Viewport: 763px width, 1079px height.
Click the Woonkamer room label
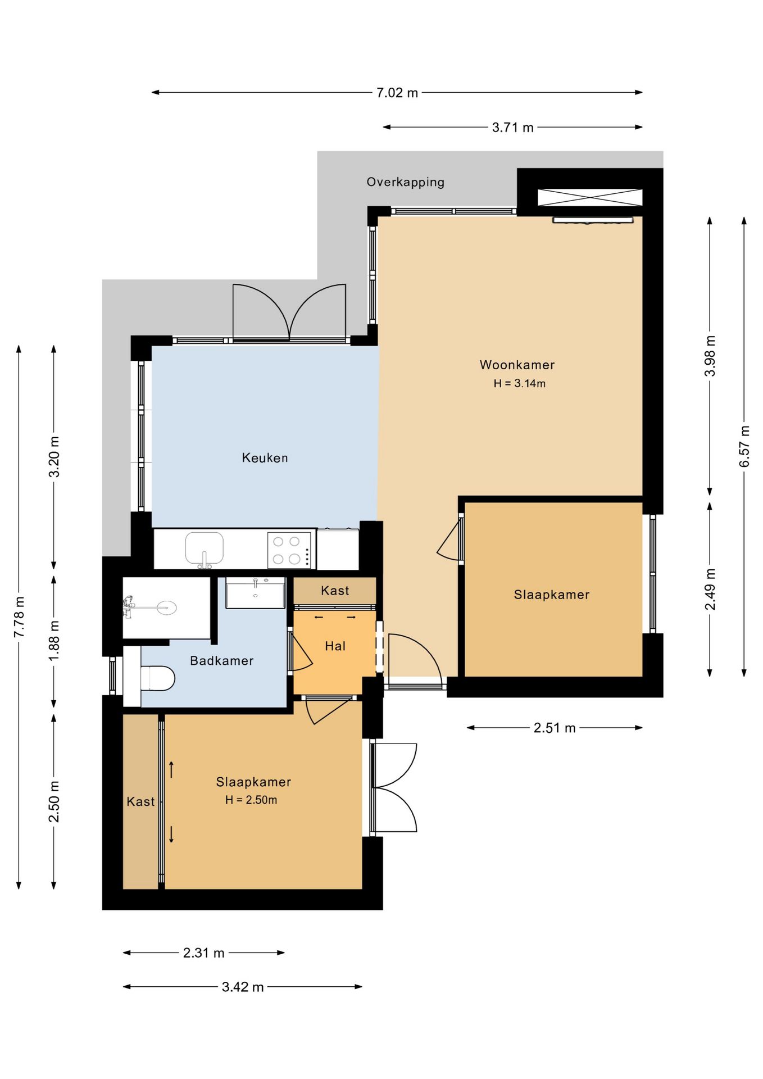click(x=517, y=365)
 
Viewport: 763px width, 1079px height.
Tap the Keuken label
click(x=265, y=458)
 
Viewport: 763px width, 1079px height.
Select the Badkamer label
click(x=221, y=661)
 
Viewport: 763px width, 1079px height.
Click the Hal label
click(x=335, y=646)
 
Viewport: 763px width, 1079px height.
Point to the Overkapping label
click(x=405, y=182)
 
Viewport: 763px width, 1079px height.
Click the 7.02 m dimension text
click(x=397, y=93)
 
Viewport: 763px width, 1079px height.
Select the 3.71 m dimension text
click(x=512, y=128)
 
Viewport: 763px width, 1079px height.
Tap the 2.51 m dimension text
click(x=555, y=728)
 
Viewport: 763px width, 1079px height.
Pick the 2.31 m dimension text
click(x=203, y=953)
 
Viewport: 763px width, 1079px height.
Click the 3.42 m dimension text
click(x=243, y=987)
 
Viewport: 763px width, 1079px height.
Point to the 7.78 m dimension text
click(x=19, y=617)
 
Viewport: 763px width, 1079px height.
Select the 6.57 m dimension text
click(x=744, y=446)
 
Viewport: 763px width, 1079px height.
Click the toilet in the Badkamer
click(x=157, y=678)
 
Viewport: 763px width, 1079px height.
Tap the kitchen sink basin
click(x=204, y=548)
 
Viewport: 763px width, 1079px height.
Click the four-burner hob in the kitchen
click(x=289, y=550)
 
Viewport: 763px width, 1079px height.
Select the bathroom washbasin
click(x=256, y=593)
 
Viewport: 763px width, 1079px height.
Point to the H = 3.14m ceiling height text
click(x=520, y=384)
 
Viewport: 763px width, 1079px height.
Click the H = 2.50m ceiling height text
click(x=251, y=800)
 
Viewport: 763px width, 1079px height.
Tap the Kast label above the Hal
click(x=335, y=591)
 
